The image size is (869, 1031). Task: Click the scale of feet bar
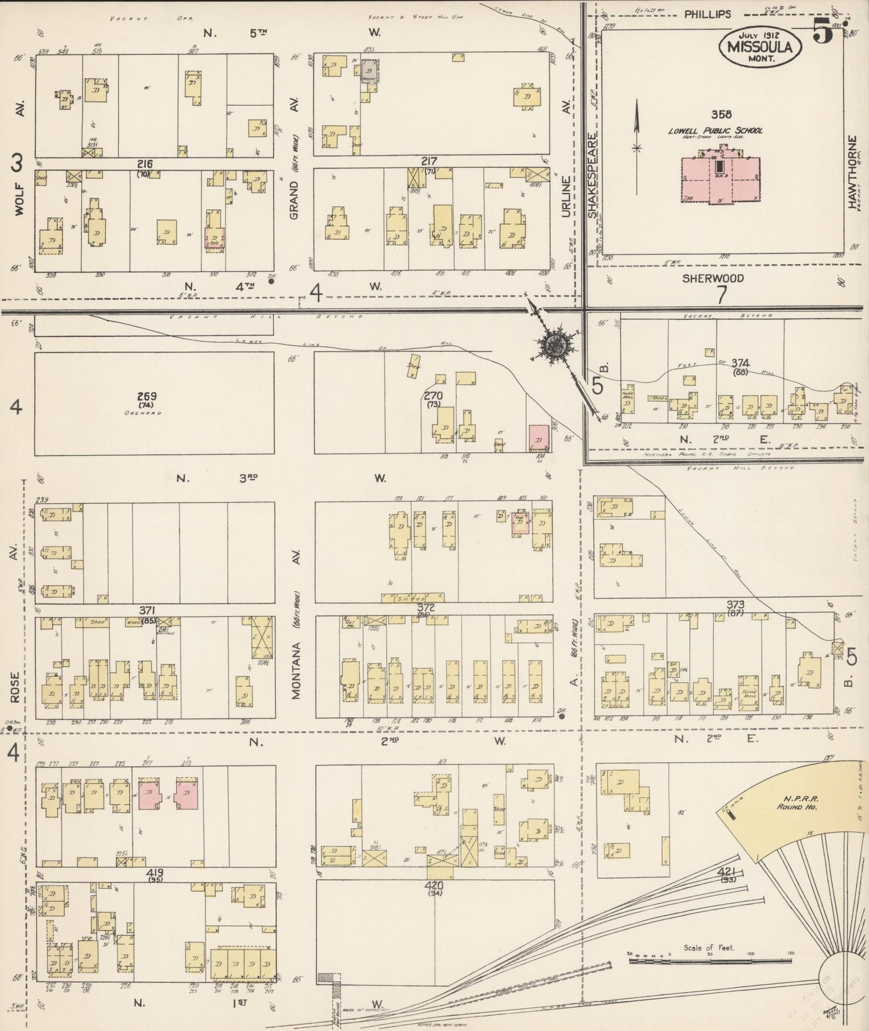click(710, 961)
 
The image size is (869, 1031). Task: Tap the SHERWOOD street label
click(713, 279)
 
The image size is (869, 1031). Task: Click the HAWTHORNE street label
click(852, 172)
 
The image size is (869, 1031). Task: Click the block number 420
click(434, 885)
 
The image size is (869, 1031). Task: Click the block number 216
click(145, 164)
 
